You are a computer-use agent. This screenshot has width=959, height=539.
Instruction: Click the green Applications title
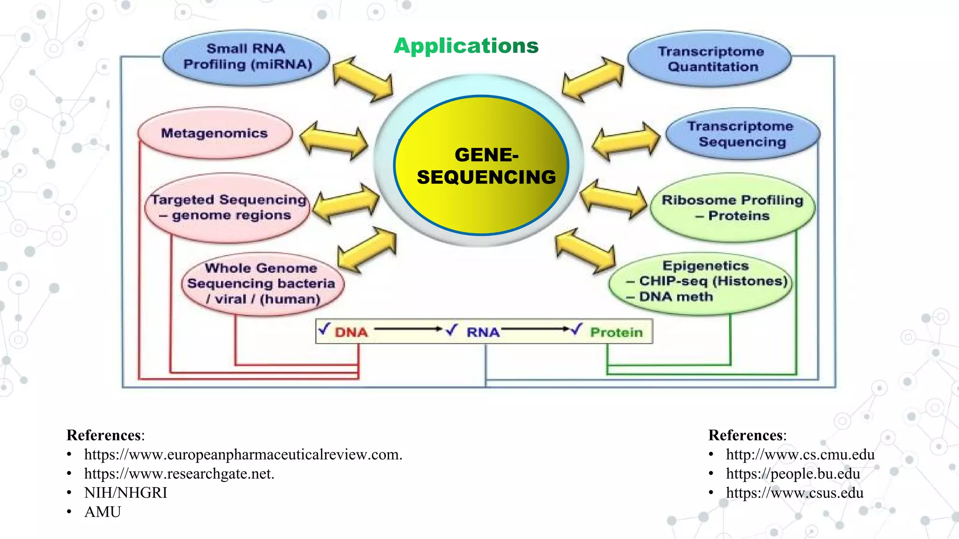(466, 46)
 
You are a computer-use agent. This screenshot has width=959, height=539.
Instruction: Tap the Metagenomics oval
(214, 134)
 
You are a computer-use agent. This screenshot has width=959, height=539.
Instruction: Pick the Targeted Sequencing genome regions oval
(228, 208)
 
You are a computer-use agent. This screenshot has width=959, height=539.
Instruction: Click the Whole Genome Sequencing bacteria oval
(262, 284)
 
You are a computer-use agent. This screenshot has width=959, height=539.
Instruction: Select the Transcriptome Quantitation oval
(710, 59)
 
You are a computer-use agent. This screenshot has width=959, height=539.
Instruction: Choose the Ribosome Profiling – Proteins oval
(732, 208)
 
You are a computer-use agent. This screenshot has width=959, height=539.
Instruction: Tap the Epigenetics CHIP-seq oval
(701, 281)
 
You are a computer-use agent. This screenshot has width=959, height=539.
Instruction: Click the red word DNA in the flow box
(351, 333)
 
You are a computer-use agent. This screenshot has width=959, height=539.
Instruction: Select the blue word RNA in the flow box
(483, 333)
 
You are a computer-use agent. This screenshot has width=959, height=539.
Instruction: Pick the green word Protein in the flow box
(616, 333)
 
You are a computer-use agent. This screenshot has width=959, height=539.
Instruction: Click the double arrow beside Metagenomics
(333, 141)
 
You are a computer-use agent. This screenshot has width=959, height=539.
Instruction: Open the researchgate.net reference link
(179, 474)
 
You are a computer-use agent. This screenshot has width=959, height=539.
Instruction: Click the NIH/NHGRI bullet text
(125, 493)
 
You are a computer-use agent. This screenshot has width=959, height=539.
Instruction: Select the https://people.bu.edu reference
(793, 474)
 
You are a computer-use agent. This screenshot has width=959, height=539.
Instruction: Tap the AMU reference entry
(103, 512)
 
